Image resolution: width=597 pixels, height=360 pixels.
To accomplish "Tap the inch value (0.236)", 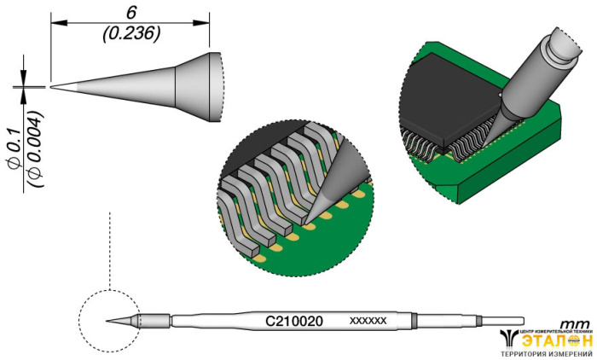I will point(130,32).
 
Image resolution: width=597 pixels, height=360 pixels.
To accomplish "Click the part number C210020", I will point(294,322).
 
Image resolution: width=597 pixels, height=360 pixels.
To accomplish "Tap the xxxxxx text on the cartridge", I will point(368,322).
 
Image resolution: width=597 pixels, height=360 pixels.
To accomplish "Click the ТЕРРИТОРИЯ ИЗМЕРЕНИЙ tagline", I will point(547,354).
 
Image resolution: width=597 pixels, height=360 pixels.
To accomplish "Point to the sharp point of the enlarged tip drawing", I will point(53,86).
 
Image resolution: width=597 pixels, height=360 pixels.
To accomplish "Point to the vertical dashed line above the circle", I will point(110,247).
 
